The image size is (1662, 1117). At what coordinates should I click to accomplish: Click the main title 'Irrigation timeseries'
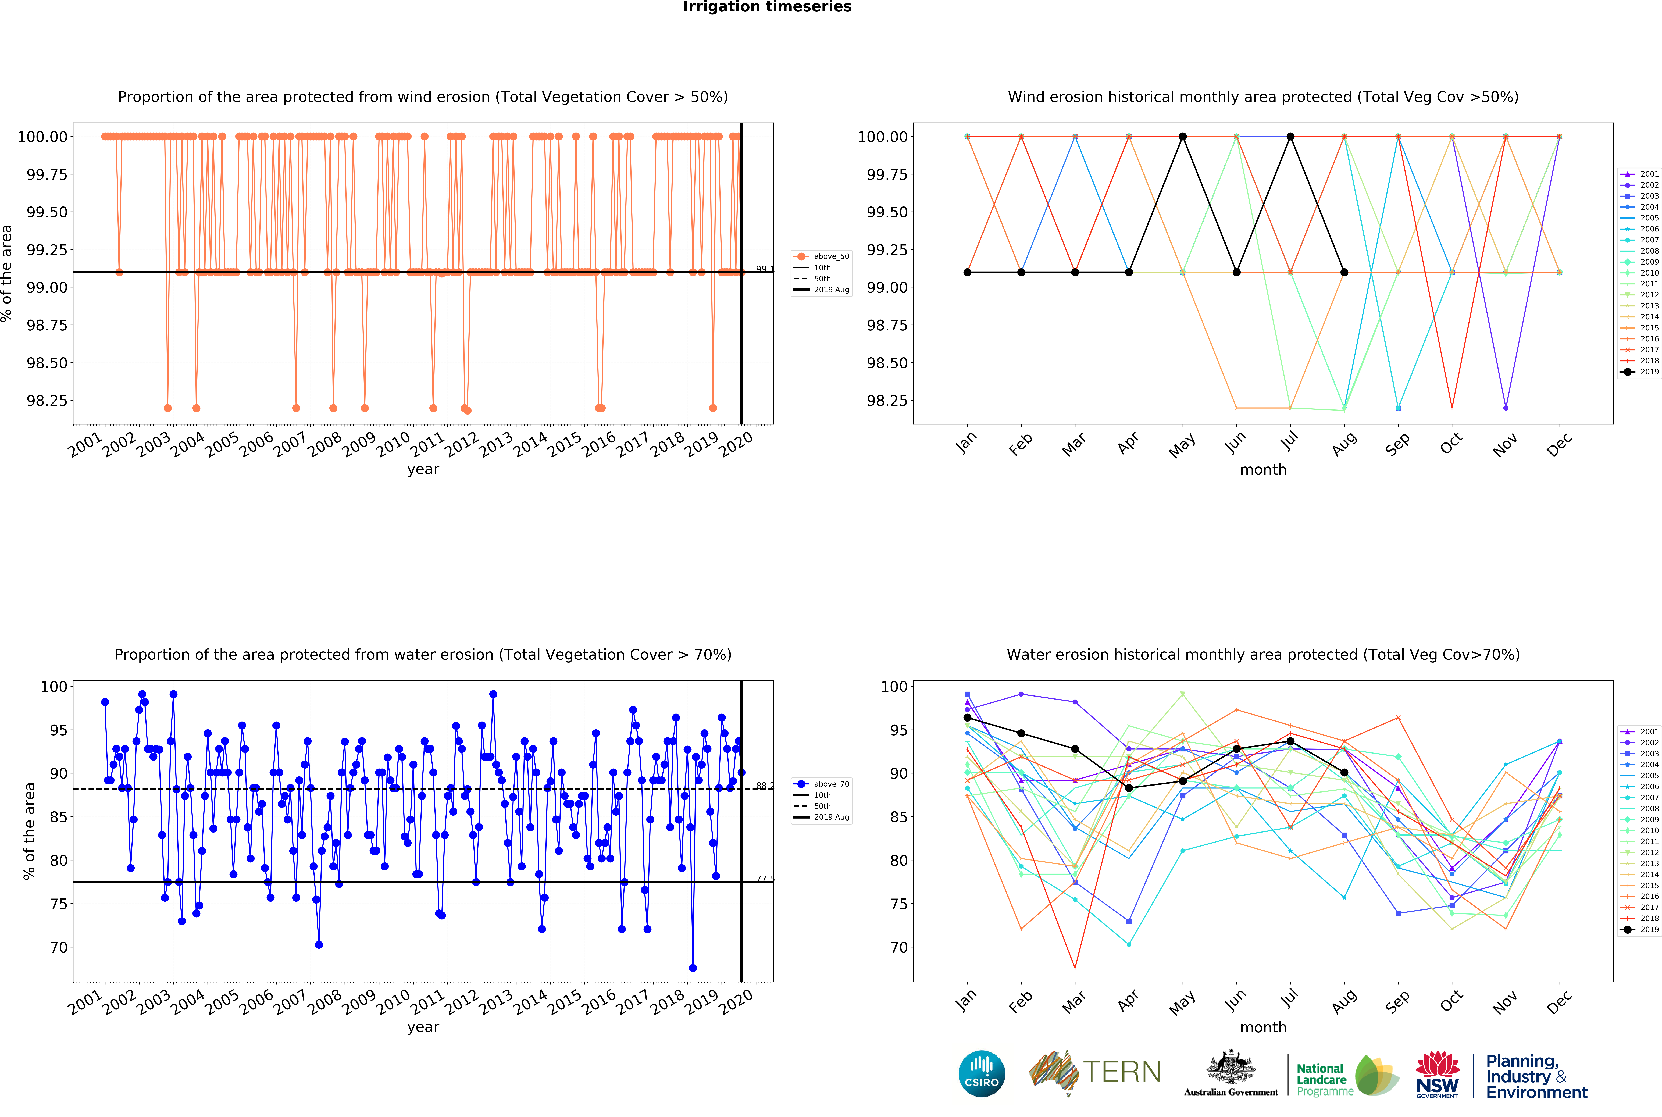767,7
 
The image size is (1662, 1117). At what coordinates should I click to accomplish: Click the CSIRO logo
982,1073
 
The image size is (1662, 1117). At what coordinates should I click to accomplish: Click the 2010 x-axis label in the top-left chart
393,445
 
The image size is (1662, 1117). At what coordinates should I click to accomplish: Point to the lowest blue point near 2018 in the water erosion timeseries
692,968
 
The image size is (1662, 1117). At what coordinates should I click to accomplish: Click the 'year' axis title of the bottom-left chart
423,1027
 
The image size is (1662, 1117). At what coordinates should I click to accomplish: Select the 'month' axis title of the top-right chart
1263,469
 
